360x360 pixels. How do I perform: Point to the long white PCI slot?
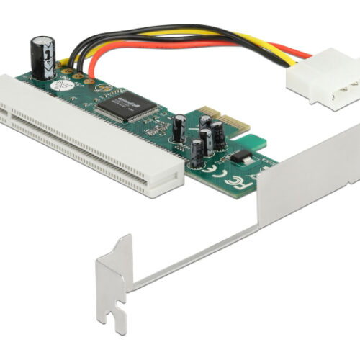click(x=94, y=137)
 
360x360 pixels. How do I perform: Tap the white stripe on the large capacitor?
click(x=48, y=54)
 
